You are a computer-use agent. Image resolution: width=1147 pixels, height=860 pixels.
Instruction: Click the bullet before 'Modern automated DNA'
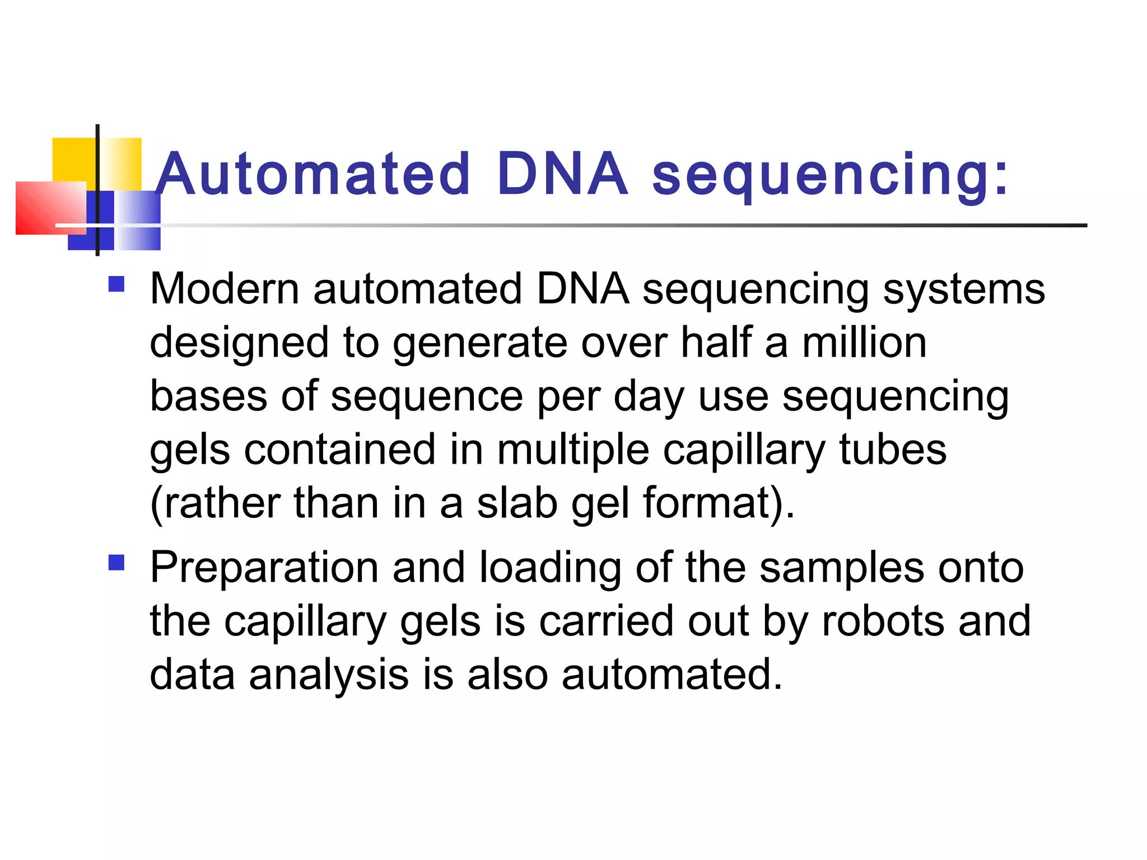coord(116,284)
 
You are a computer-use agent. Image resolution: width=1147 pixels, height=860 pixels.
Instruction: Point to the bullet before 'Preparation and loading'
coord(116,562)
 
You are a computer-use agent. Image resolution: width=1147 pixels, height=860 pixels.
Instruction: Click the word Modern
coord(225,289)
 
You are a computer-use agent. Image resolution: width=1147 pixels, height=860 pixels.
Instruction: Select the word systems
coord(964,289)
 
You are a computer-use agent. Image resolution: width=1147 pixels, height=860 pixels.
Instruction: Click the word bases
coord(208,396)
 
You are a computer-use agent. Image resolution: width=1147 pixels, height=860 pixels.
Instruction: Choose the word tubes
coord(893,450)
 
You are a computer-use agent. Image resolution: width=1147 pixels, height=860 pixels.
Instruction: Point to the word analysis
coord(329,675)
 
